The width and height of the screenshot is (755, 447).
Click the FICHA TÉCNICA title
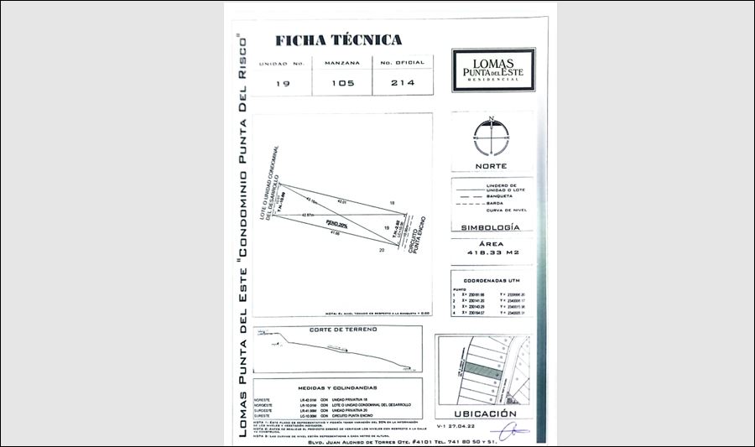339,40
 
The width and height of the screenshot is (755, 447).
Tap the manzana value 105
342,83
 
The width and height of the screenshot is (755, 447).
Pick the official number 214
404,83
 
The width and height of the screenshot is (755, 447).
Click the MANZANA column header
342,63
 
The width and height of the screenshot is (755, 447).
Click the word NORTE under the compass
491,166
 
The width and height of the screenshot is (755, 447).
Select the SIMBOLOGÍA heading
491,227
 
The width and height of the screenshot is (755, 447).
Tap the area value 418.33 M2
491,252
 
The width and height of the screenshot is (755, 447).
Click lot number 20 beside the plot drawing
382,250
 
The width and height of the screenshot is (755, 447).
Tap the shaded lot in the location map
482,370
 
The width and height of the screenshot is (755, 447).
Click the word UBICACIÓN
486,414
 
